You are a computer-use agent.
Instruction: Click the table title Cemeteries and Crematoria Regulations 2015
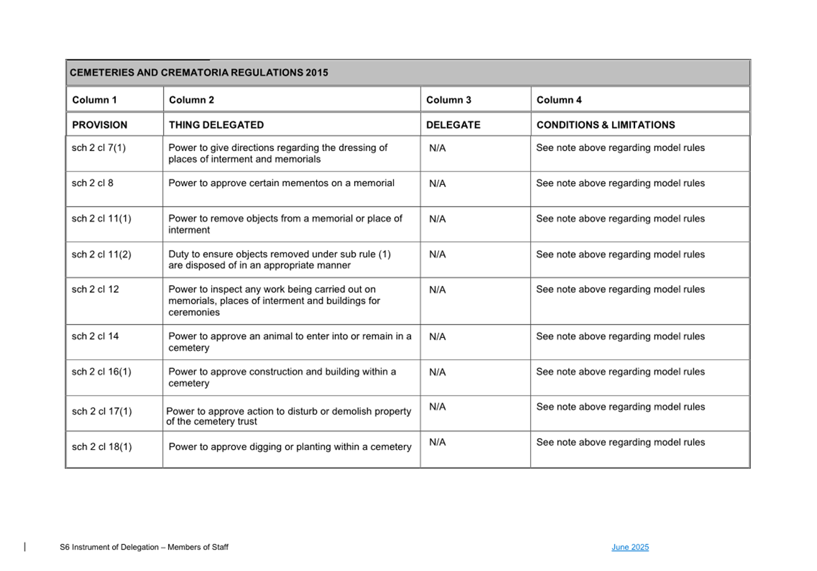pos(199,73)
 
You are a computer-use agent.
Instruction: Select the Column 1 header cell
pos(95,100)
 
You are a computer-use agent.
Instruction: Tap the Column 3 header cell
pos(449,100)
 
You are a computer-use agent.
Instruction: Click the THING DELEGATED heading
pos(217,125)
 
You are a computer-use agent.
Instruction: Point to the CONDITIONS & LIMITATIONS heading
pos(605,125)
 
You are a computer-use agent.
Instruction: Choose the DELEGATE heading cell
pos(453,125)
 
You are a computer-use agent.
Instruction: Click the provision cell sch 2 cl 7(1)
pos(99,148)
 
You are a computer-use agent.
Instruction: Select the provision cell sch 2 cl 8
pos(93,183)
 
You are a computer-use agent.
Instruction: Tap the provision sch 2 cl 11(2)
pos(101,254)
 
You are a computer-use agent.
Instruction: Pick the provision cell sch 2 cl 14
pos(95,336)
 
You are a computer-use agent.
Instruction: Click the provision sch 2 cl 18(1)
pos(102,447)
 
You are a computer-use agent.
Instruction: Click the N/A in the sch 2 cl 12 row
pos(437,290)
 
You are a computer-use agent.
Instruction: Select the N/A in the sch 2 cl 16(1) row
pos(437,372)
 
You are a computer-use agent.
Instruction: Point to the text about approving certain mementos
pos(281,183)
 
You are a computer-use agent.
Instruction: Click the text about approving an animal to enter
pos(290,342)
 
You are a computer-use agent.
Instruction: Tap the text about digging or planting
pos(290,447)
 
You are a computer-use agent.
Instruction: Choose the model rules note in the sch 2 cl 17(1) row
pos(620,407)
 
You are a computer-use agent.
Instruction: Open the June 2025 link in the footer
pos(630,547)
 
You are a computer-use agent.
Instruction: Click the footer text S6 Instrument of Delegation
pos(144,547)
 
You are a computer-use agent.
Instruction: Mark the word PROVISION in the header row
pos(100,125)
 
